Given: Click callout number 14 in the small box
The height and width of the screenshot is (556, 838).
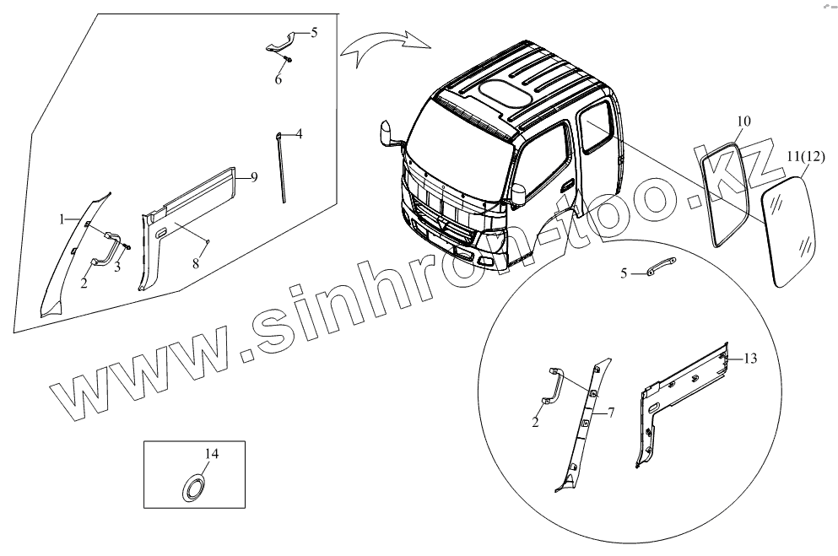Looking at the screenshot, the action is pos(212,454).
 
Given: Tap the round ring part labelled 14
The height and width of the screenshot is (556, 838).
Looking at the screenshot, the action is pos(196,487).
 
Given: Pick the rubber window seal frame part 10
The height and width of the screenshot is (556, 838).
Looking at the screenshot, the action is pos(726,195).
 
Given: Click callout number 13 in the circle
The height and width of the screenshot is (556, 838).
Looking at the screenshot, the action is pos(750,359).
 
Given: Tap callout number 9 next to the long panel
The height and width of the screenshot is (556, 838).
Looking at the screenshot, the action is pos(254,176).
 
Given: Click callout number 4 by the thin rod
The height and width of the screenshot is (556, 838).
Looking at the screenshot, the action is pos(299,133).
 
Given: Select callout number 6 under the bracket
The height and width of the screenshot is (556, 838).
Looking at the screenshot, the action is pos(278,79).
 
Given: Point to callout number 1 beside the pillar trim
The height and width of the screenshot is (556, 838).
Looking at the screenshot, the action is pos(62,219).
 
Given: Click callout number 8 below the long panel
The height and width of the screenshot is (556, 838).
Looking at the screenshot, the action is pos(195,264).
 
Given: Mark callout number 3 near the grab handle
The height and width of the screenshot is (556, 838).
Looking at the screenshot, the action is pos(117,267).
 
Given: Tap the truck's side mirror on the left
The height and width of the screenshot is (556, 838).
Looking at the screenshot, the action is pos(391,135).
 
